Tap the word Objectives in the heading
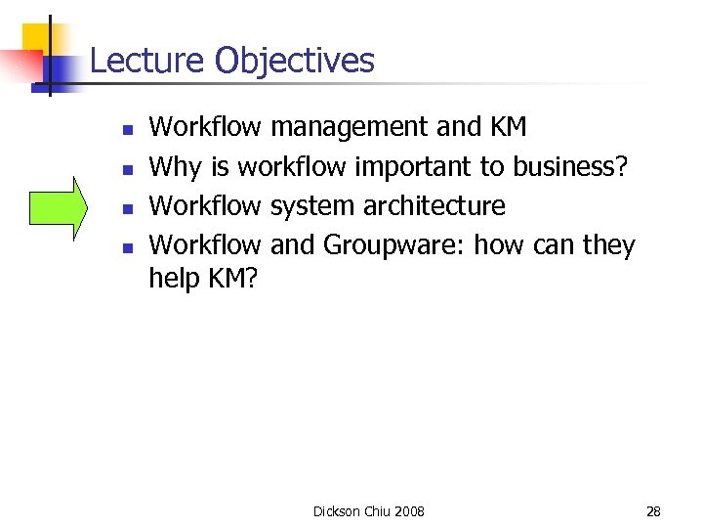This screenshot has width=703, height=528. (294, 61)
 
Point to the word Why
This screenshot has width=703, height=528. (175, 167)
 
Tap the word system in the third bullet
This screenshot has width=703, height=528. (312, 206)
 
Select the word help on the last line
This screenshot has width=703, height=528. (174, 279)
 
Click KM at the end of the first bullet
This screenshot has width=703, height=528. (508, 127)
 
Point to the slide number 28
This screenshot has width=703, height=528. (653, 511)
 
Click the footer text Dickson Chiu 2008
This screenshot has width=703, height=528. (368, 511)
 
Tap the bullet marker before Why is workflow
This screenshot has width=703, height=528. (126, 169)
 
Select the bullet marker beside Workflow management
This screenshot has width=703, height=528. (126, 129)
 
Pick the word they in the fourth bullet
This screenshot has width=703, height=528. (609, 245)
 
